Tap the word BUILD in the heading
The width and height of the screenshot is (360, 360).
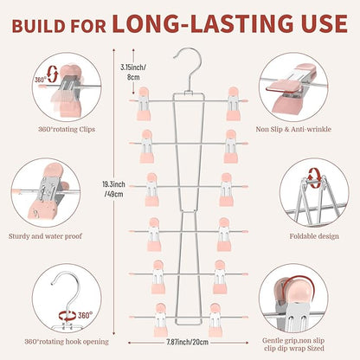pos(39,26)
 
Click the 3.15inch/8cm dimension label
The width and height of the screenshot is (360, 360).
pos(133,72)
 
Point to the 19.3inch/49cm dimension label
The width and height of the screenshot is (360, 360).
pos(113,189)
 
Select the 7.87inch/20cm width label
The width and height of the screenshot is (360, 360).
pos(188,343)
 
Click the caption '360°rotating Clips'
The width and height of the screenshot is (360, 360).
pos(67,129)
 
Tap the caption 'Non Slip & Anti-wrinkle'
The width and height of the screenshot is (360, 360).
pos(293,129)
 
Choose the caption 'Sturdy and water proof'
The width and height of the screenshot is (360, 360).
pos(45,236)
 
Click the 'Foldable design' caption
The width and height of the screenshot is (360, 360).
pos(314,236)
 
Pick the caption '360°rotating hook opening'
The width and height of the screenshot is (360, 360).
pos(67,342)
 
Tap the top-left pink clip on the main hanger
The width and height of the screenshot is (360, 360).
pos(144,104)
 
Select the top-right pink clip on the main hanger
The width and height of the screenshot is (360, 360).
pos(234,104)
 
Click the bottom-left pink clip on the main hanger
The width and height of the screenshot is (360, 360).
pos(160,319)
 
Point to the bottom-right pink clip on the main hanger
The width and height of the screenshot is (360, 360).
pos(215,319)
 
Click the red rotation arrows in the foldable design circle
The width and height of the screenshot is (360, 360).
pos(314,176)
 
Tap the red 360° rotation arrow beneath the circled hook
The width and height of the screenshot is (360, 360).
pos(67,316)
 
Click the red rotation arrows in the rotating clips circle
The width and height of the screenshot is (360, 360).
pos(53,74)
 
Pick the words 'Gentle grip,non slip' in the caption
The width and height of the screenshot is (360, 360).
pos(293,341)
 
